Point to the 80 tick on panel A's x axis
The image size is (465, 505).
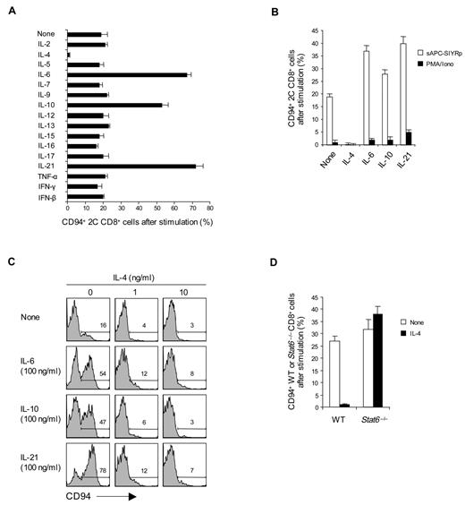pyautogui.click(x=209, y=209)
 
